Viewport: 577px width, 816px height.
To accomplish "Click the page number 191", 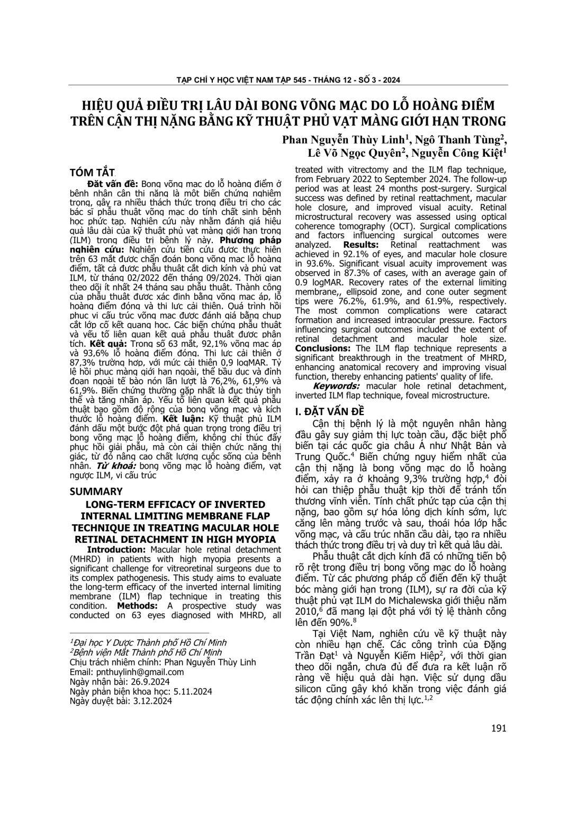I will click(x=499, y=728).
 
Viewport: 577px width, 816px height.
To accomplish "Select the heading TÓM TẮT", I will click(x=92, y=173).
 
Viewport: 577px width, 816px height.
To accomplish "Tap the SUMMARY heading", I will click(x=96, y=491).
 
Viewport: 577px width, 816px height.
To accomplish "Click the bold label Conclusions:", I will click(x=324, y=348).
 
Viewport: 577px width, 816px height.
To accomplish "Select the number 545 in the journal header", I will click(x=302, y=80).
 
